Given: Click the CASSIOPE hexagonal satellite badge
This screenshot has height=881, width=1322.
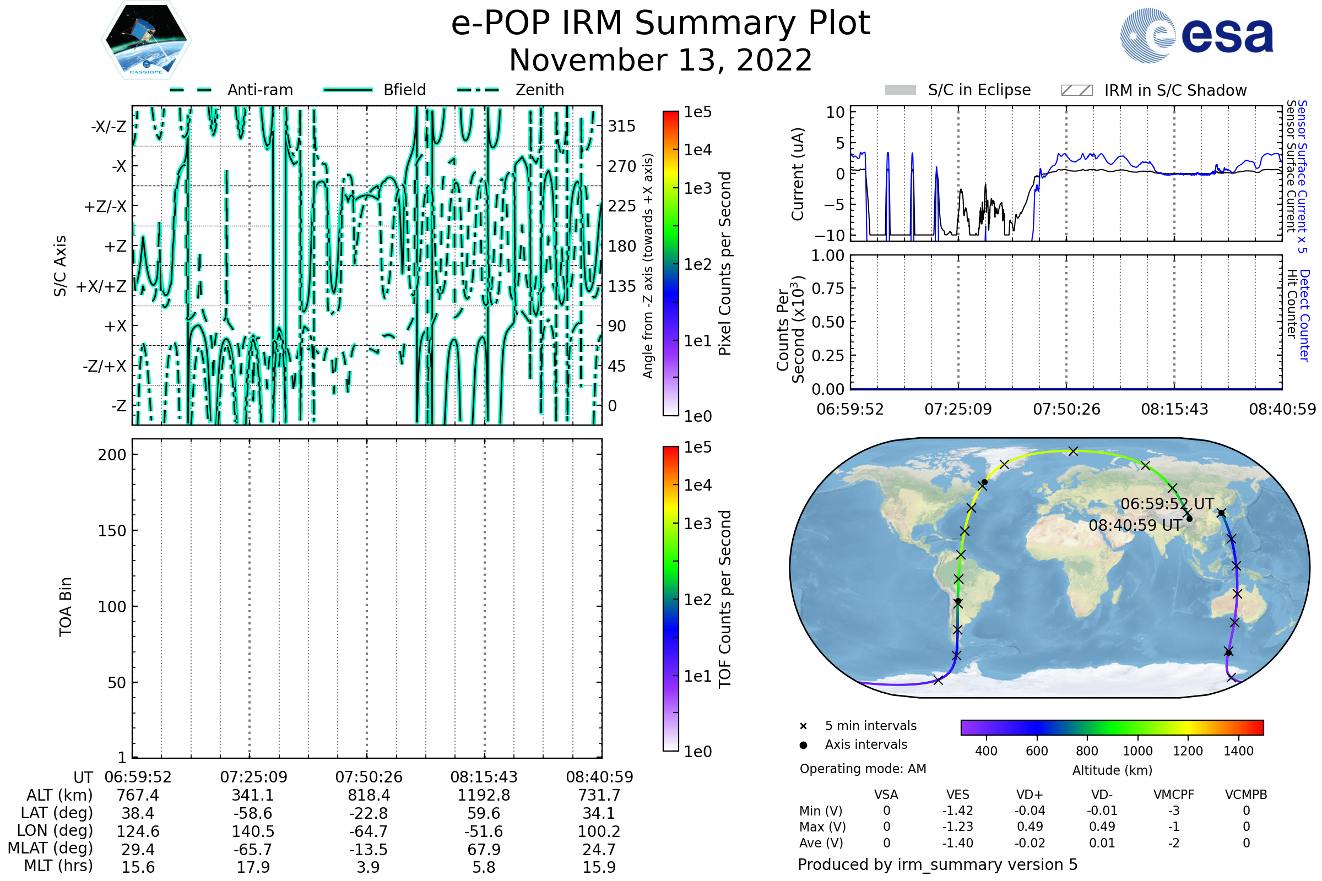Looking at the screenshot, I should tap(146, 40).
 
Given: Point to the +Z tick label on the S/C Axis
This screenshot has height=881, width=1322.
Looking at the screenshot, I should tap(115, 247).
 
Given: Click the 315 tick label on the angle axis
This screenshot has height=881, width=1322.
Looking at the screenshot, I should tap(621, 126).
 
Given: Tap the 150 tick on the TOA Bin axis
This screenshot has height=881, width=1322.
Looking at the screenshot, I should tap(112, 531).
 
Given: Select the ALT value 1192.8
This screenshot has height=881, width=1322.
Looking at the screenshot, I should tap(484, 796).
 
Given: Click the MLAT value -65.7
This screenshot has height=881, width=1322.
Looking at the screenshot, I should tap(253, 850).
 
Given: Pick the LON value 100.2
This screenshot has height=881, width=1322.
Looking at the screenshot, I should tap(599, 831).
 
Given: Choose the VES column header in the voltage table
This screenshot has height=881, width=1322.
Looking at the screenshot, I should tap(958, 795).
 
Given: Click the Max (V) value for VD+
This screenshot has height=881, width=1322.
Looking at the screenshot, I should tap(1030, 827).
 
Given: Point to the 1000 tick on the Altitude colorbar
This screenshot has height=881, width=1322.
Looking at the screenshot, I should tap(1137, 751).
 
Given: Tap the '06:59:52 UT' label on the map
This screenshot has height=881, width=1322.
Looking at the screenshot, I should tap(1167, 504).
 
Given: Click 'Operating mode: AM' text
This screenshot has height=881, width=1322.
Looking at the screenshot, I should tap(863, 769).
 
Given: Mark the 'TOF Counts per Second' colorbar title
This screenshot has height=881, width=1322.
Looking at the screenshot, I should tap(725, 599).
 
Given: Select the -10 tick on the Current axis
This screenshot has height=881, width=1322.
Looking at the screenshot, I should tap(830, 236).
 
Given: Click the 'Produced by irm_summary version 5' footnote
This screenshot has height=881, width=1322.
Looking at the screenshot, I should tap(938, 864).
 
